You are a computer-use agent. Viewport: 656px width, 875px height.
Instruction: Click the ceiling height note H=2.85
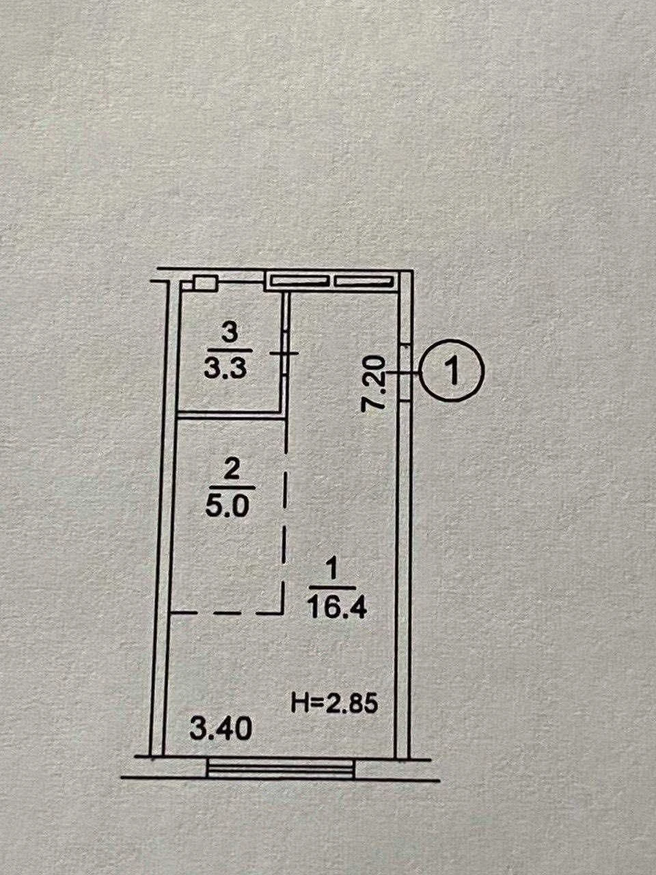coord(333,702)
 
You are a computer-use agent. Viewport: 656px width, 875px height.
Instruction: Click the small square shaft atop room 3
coord(205,283)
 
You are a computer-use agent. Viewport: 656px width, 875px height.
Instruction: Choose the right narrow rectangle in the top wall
coord(362,282)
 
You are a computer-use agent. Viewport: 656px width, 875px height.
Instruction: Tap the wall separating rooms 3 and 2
coord(231,416)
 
